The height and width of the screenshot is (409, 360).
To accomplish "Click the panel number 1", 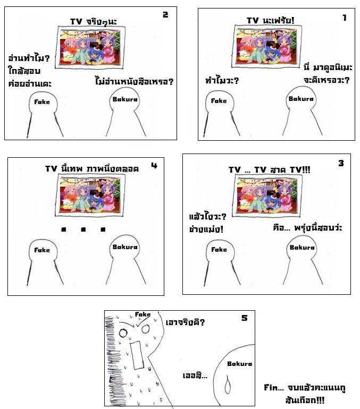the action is click(x=345, y=18).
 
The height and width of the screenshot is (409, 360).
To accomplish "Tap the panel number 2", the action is click(x=165, y=15).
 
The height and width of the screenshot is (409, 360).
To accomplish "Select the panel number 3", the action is click(x=341, y=163).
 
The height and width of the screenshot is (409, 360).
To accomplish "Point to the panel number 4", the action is click(x=154, y=165).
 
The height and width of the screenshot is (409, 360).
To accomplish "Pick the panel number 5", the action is click(x=245, y=318).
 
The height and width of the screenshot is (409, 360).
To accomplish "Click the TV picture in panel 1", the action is click(x=266, y=46).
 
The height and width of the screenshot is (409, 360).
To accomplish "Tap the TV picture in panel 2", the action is click(x=90, y=47).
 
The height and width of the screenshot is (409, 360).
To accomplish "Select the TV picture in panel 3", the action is click(x=268, y=195).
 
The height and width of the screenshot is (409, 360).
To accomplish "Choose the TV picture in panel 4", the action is click(x=90, y=195).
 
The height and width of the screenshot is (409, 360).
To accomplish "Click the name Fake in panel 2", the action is click(x=42, y=102).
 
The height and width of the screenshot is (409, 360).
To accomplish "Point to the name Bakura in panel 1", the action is click(x=301, y=99).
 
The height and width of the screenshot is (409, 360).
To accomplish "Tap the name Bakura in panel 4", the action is click(x=125, y=247).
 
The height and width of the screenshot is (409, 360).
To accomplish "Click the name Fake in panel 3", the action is click(x=219, y=249).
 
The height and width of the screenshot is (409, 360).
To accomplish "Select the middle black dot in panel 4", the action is click(x=83, y=229).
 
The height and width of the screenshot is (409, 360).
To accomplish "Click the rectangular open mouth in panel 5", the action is click(x=137, y=355).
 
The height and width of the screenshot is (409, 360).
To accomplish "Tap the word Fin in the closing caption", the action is click(x=271, y=387).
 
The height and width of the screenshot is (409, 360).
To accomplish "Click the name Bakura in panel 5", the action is click(x=240, y=364).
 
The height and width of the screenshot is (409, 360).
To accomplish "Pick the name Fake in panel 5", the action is click(x=143, y=314).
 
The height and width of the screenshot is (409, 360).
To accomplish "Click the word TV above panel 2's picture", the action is click(x=76, y=21).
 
